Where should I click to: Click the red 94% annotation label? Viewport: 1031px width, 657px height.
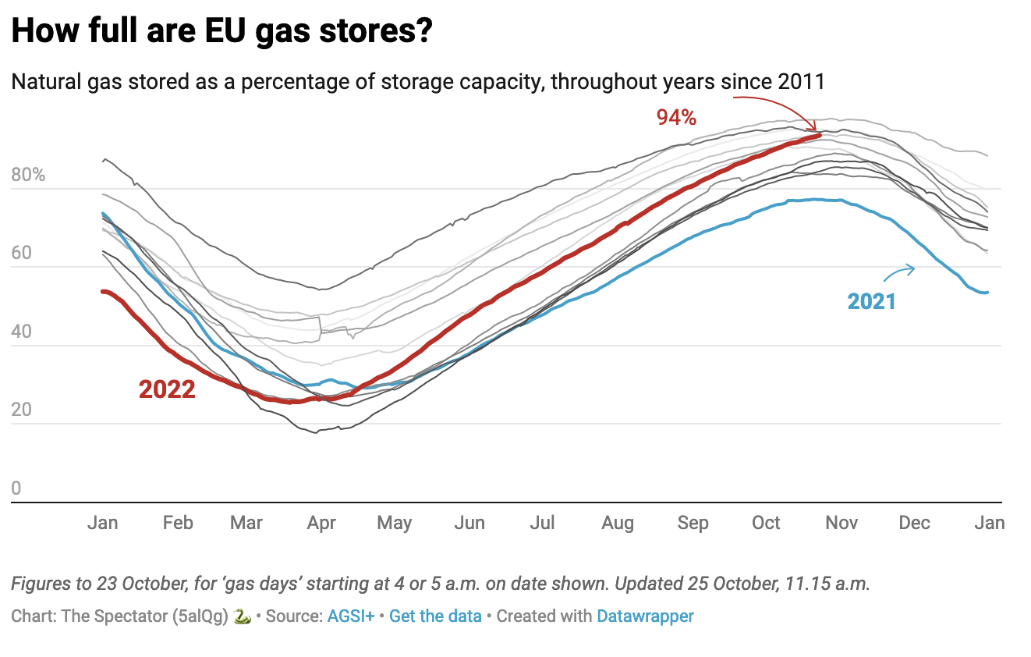pos(675,118)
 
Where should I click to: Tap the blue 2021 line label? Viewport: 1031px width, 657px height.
pos(872,300)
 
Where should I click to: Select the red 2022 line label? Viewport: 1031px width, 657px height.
pos(167,389)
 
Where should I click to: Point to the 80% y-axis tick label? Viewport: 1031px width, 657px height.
pos(29,175)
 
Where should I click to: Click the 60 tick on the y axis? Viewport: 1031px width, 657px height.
pos(22,253)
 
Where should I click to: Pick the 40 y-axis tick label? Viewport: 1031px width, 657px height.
pos(22,332)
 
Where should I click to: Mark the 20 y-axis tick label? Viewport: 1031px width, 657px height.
pos(22,410)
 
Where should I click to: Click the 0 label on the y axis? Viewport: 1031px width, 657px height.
pos(17,488)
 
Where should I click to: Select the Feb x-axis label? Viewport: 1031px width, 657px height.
pos(178,523)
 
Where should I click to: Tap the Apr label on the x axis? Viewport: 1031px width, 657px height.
pos(321,523)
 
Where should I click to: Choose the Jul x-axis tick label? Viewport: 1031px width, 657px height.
pos(542,523)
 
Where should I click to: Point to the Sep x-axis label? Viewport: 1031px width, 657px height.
pos(693,523)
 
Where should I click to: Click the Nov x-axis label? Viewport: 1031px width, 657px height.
pos(841,523)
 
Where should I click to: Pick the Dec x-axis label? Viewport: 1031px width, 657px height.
pos(914,523)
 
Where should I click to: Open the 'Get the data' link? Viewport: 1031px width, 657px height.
pos(435,616)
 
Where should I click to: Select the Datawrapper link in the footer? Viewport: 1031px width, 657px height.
pos(645,616)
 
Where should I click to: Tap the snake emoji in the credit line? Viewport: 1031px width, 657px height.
pos(243,616)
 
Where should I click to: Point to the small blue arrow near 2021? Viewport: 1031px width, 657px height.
pos(898,272)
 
